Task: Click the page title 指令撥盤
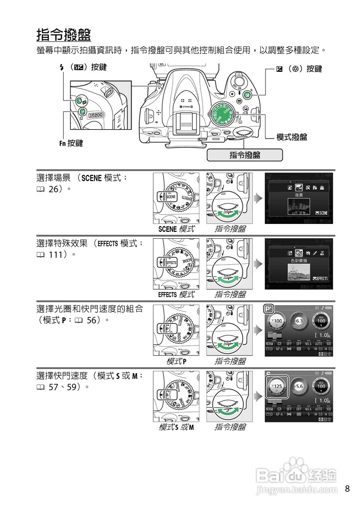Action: [64, 35]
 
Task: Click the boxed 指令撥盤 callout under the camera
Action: [244, 155]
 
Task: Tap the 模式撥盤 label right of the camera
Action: [291, 137]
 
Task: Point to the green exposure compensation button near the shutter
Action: [247, 95]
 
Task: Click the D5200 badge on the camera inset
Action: [96, 115]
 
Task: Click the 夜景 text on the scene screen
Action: [299, 196]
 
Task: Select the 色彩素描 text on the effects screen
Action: [299, 261]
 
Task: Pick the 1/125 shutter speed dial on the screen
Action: [276, 386]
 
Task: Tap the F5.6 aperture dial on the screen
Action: [299, 386]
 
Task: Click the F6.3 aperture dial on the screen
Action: [299, 321]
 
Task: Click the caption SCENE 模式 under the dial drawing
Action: [176, 229]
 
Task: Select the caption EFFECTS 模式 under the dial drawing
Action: [176, 294]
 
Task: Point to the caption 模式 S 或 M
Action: [176, 427]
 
